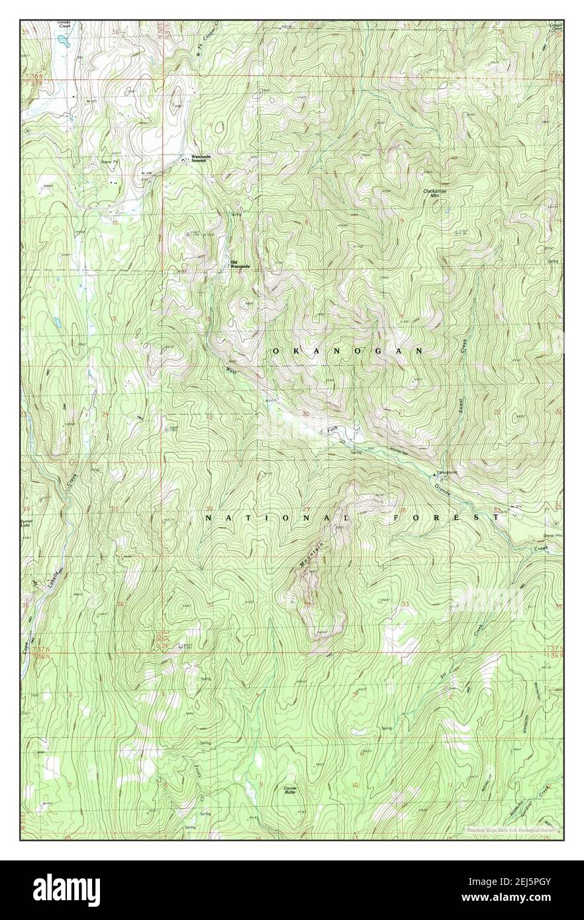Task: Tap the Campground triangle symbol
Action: click(x=435, y=475)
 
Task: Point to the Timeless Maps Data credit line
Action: click(x=513, y=829)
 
